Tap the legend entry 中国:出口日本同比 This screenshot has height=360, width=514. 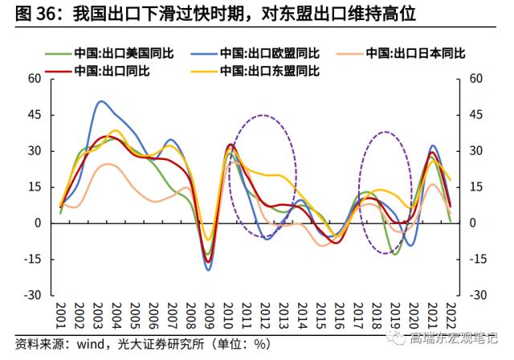[x=413, y=54]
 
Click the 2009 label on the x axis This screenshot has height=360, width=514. [x=208, y=313]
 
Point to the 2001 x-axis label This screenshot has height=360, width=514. [x=60, y=313]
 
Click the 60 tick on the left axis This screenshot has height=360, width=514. [x=35, y=79]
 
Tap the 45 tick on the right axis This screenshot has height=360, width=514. [x=475, y=115]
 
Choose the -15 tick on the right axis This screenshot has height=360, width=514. [x=477, y=260]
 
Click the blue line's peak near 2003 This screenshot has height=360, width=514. [x=100, y=101]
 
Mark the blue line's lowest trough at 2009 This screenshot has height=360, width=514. [x=208, y=270]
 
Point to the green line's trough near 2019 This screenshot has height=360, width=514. [x=394, y=254]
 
